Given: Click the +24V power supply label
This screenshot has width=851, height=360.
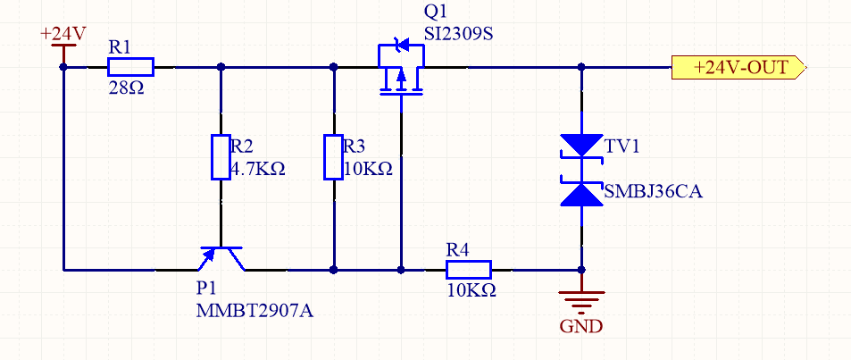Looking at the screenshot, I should point(63,34).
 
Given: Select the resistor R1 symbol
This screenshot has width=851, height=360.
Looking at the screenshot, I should point(130,67).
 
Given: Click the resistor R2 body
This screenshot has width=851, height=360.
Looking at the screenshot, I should point(221,157).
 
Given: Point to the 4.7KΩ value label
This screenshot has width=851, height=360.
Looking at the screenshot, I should point(258,169).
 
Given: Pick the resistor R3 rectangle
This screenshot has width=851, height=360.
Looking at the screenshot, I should point(333,157).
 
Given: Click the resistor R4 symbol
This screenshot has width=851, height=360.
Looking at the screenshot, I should point(468,269).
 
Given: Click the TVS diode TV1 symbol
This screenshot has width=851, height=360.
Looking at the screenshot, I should point(581,170).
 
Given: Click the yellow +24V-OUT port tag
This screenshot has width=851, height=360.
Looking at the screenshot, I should point(739,67).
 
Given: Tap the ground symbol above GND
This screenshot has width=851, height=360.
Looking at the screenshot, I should point(581,299).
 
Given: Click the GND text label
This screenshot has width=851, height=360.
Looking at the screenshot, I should point(581,326).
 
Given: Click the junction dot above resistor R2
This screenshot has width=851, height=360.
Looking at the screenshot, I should point(221,67).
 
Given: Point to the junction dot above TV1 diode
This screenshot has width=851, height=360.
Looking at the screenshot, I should point(581,67).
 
